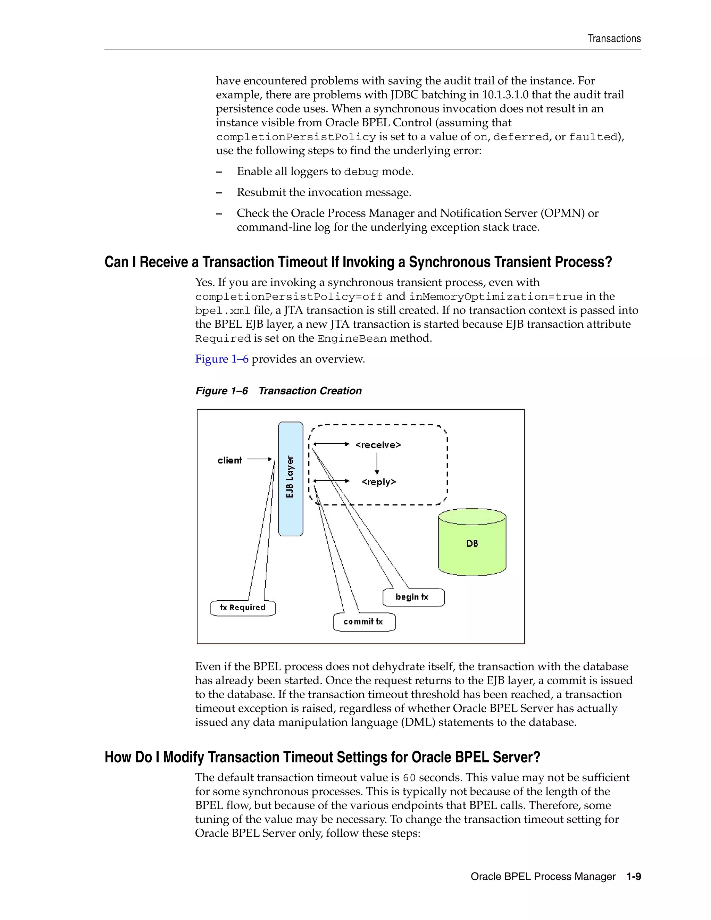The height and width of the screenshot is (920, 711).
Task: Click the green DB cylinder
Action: click(472, 543)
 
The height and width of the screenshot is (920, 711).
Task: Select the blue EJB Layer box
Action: click(290, 478)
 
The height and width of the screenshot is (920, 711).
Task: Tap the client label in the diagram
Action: click(229, 460)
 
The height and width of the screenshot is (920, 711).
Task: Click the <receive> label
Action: click(378, 445)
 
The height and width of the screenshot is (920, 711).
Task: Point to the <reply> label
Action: click(379, 482)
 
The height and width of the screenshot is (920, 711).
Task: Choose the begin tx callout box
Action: click(413, 597)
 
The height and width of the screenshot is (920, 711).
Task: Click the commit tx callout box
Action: click(364, 622)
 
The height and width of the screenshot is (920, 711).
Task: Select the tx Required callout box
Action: click(243, 608)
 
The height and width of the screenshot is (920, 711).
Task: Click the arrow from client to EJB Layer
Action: click(259, 459)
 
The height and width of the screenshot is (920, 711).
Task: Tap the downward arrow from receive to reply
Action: click(377, 463)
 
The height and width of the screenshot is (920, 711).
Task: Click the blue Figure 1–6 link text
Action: click(221, 359)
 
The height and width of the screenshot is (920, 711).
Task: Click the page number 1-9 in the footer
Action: click(633, 876)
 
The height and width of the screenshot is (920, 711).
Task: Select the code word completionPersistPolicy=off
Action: click(289, 296)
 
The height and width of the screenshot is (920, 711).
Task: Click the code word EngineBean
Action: click(352, 338)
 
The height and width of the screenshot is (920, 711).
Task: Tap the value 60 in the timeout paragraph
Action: click(409, 778)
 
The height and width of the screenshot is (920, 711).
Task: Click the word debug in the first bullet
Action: click(361, 172)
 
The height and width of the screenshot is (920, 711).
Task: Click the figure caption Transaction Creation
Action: click(310, 391)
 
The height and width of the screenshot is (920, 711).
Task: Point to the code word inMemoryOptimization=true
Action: click(496, 296)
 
